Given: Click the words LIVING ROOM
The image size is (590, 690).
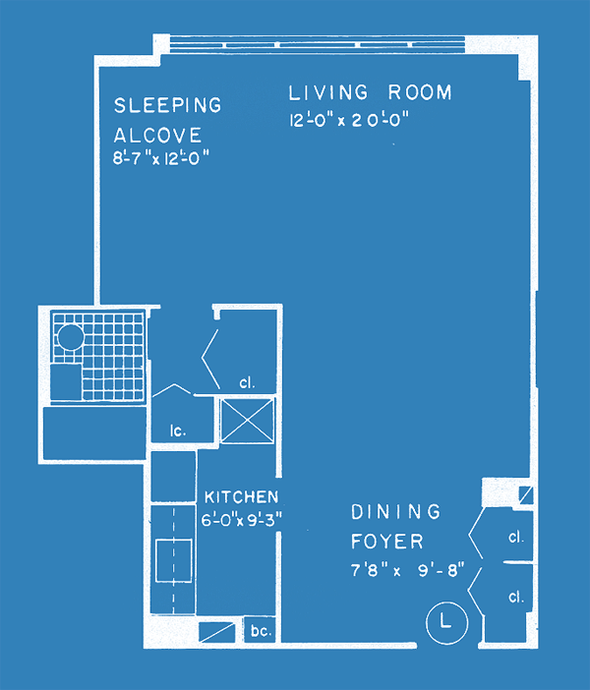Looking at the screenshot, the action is click(371, 92).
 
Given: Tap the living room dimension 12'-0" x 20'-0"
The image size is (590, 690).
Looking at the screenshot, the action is click(349, 120).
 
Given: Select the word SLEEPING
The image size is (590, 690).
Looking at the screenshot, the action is click(168, 105).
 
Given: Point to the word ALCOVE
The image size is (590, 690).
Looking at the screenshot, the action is click(157, 135).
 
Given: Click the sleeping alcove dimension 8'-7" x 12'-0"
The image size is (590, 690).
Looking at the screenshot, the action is click(160, 157).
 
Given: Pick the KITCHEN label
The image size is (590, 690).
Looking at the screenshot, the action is click(241, 497).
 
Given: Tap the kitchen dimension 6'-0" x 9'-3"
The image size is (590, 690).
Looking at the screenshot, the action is click(241, 520).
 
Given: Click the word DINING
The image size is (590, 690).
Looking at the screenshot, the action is click(396, 511).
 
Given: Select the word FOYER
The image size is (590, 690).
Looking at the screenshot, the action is click(387, 542).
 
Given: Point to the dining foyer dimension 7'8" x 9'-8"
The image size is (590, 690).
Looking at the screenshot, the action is click(407, 570).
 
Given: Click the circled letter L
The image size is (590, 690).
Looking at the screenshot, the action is click(446, 622).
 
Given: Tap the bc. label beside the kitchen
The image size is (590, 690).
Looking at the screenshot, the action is click(261, 631).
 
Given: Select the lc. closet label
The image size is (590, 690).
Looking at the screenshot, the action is click(178, 431).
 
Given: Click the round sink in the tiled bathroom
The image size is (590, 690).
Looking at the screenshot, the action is click(71, 337).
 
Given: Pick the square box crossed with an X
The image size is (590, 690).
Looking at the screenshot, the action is click(247, 421).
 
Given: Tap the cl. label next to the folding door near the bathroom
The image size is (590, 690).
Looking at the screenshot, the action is click(247, 383).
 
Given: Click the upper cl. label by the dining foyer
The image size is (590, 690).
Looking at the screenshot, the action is click(516, 537).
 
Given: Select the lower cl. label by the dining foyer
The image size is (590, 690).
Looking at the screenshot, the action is click(516, 597).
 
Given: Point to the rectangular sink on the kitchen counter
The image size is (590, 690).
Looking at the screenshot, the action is click(174, 560).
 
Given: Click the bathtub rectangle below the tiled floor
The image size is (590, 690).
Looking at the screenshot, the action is click(94, 433).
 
